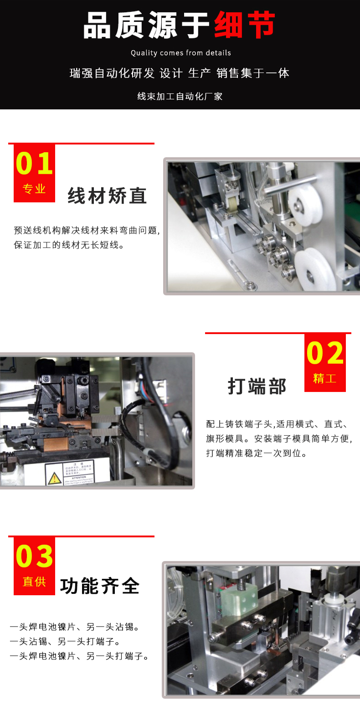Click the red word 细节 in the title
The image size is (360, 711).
tap(245, 26)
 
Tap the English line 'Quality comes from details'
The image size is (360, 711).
tap(180, 53)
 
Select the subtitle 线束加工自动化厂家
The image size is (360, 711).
tap(180, 96)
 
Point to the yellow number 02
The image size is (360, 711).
tap(325, 353)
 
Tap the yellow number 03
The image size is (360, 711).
tap(35, 556)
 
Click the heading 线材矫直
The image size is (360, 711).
tap(108, 196)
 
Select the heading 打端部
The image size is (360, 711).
tap(257, 386)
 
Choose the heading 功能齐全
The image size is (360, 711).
tap(100, 586)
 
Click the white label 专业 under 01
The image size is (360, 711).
tap(34, 189)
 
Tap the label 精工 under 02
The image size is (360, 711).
tap(325, 378)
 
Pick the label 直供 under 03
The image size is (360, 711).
tap(34, 582)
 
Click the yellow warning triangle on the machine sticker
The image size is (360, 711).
tap(54, 478)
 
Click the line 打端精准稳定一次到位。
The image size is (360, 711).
tap(257, 453)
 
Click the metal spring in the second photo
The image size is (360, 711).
tap(18, 391)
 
